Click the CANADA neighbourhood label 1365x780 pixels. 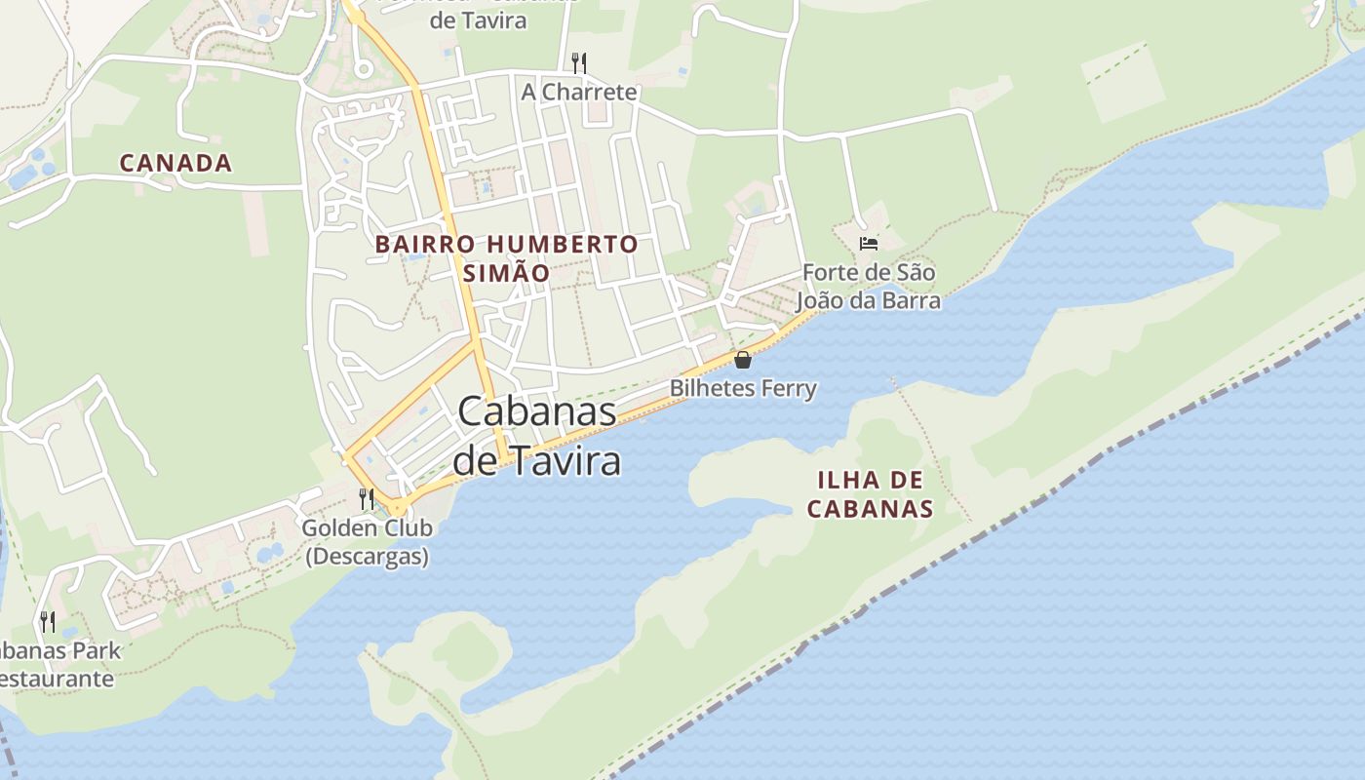tap(175, 163)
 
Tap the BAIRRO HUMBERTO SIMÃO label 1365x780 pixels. tap(506, 258)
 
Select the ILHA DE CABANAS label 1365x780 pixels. tap(871, 493)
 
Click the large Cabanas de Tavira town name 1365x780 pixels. tap(537, 435)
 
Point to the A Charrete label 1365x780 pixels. tap(579, 92)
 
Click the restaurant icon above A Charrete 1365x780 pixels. tap(579, 63)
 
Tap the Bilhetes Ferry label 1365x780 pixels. tap(743, 388)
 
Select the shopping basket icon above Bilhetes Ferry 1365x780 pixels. tap(743, 360)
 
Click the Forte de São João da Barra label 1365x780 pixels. tap(871, 286)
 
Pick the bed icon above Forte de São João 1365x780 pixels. tap(869, 243)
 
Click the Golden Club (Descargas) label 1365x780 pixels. tap(367, 542)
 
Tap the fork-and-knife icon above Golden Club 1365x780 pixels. tap(367, 499)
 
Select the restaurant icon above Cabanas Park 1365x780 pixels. tap(47, 621)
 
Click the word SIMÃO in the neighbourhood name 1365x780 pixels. tap(506, 273)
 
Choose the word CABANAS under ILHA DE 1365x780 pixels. tap(871, 508)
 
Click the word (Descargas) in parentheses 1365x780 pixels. tap(367, 557)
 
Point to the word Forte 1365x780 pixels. tap(830, 272)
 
